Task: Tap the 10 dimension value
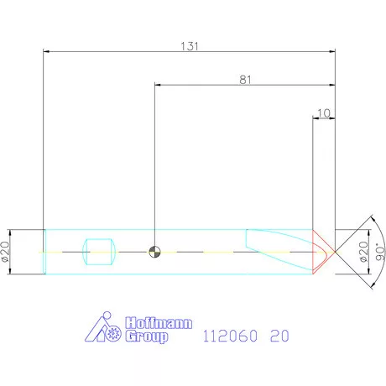click(x=324, y=112)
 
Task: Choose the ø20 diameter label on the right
click(x=363, y=251)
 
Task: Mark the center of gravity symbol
click(x=154, y=250)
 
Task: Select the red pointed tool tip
click(x=324, y=251)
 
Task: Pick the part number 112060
click(x=229, y=336)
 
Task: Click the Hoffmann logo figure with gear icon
click(x=106, y=328)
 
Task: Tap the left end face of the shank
click(x=44, y=251)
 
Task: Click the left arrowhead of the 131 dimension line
click(x=46, y=52)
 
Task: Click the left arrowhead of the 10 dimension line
click(x=316, y=118)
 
